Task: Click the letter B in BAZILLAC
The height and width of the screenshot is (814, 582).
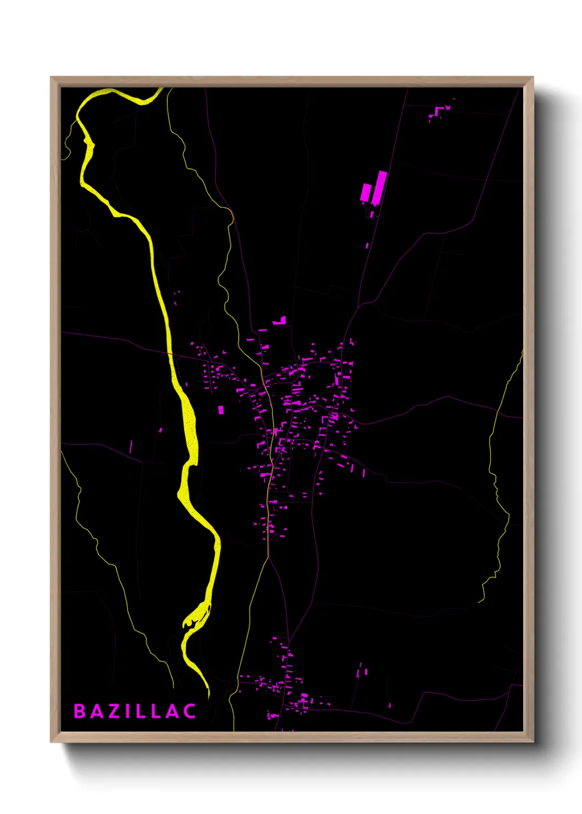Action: coord(79,711)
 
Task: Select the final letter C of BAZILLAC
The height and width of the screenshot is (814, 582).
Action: coord(190,711)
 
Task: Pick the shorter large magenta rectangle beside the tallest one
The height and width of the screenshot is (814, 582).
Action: coord(366,193)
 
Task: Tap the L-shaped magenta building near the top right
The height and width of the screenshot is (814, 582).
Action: coord(438,113)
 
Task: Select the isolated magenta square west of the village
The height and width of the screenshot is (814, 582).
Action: coord(221,410)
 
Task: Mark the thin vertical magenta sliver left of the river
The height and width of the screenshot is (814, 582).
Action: coord(131,446)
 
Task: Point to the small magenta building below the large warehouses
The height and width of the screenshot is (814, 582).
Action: coord(367,245)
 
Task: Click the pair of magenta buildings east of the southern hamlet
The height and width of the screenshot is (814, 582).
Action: coord(362,672)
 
